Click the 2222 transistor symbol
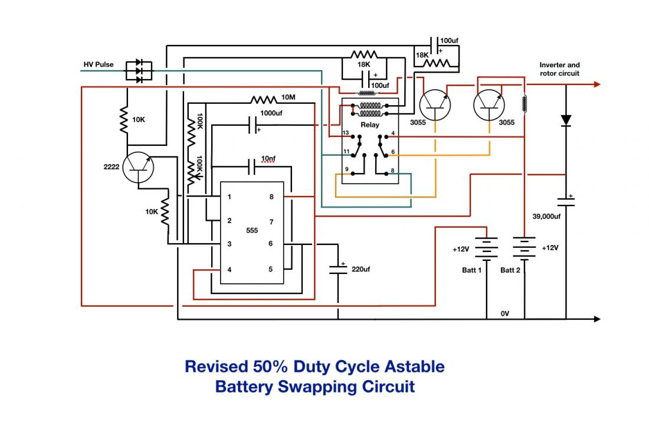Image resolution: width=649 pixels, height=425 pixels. click(138, 168)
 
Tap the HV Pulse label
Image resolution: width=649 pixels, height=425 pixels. click(99, 64)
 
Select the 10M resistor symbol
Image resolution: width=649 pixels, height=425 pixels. click(264, 100)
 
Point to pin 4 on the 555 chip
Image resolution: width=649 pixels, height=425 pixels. click(230, 270)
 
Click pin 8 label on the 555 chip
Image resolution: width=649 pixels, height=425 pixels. click(271, 197)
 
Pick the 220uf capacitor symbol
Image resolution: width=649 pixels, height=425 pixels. click(338, 269)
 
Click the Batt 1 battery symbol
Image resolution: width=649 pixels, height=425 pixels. click(486, 248)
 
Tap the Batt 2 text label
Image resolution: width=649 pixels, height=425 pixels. click(510, 270)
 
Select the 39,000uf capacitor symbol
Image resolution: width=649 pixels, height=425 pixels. click(566, 201)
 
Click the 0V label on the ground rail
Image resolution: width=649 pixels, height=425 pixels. click(505, 313)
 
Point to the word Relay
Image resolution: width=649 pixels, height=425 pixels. click(369, 125)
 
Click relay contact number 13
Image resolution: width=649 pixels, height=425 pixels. click(346, 133)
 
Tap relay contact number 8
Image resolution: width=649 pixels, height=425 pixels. click(392, 170)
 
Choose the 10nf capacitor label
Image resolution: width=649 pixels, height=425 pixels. click(268, 159)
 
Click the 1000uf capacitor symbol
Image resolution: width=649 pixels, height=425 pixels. click(253, 125)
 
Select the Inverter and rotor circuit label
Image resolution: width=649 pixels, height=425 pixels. click(559, 69)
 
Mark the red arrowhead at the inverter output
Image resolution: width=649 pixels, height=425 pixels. click(597, 84)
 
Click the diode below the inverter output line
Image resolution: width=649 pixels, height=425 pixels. click(566, 120)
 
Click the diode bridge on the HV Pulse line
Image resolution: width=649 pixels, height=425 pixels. click(139, 71)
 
